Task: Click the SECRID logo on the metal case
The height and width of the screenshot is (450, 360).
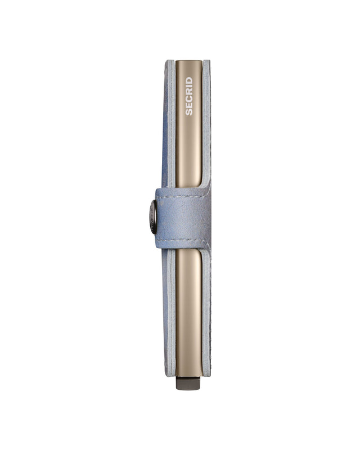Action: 188,96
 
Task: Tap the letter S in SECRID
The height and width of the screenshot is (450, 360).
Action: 188,112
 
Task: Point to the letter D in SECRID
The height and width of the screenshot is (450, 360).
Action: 188,80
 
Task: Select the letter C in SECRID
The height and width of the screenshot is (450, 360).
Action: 188,100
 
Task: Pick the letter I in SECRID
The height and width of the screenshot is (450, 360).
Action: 188,85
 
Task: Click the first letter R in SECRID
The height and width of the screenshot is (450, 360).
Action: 188,92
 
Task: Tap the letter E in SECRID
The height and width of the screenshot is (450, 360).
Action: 188,106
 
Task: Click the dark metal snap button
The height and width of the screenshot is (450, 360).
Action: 153,217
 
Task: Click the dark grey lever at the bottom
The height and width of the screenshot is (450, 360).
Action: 188,385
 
